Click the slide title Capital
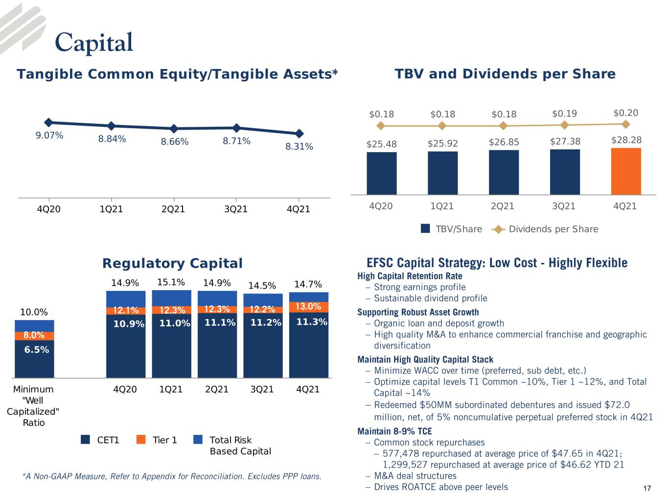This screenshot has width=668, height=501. [94, 43]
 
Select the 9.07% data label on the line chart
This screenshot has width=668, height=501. [49, 136]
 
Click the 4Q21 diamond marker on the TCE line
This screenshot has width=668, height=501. [299, 133]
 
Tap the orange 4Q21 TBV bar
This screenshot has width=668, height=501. [626, 171]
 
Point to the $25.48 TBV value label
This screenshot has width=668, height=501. [381, 144]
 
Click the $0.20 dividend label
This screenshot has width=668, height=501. [626, 113]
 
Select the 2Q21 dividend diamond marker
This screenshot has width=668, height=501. [504, 126]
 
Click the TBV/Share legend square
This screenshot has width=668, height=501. [425, 228]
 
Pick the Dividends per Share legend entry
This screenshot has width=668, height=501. [545, 229]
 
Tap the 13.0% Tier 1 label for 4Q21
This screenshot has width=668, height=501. [308, 306]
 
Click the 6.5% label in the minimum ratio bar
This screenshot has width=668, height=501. [37, 349]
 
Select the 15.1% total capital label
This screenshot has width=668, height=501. [171, 282]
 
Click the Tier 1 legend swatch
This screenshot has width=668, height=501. [141, 439]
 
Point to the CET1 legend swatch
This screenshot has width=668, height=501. [85, 439]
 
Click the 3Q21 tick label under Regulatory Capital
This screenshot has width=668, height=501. [262, 389]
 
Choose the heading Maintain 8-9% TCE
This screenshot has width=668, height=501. [394, 431]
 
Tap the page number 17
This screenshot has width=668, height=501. [647, 488]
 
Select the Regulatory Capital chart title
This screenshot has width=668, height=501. [173, 263]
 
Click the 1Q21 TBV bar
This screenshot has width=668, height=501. [442, 173]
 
